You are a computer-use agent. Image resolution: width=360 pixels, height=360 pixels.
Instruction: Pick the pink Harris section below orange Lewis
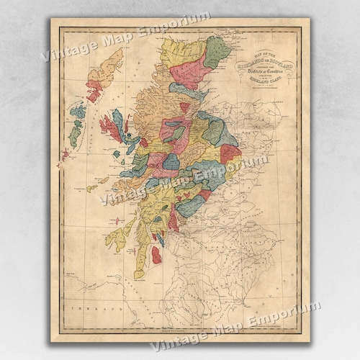(94, 92)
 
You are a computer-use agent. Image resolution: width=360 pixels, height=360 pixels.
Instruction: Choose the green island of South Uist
(73, 134)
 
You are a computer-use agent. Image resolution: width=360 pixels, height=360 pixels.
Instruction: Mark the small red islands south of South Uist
(65, 153)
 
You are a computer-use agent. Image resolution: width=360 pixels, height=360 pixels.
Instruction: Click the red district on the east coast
(230, 153)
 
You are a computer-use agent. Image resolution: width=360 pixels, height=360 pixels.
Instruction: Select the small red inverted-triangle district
(184, 108)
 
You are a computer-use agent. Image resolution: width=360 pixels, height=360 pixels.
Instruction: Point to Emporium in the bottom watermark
(288, 311)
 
